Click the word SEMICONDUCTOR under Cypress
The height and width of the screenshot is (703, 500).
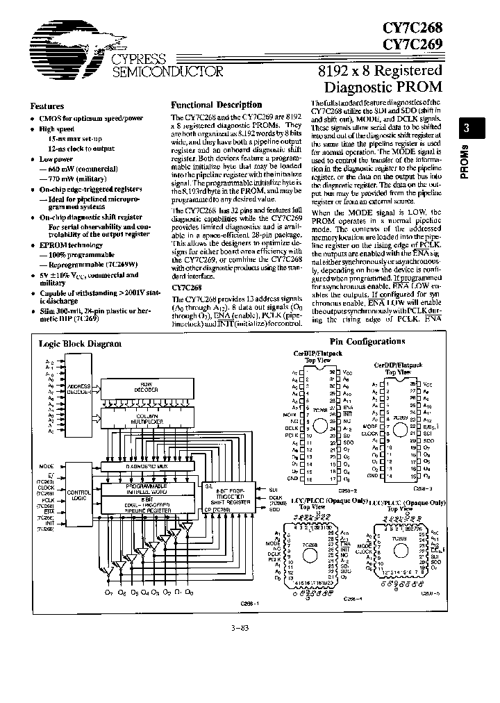167,71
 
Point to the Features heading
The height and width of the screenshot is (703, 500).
47,106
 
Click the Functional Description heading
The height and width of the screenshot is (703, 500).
217,105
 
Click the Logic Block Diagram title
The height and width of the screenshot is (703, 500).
90,343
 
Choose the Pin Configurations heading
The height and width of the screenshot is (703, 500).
367,341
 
